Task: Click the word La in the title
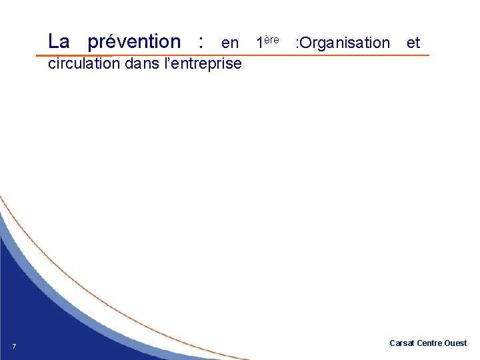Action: click(59, 41)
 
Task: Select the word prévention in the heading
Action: click(134, 42)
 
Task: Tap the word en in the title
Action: click(230, 43)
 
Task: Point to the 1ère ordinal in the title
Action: click(267, 42)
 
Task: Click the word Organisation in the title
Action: click(346, 43)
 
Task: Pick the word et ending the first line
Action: click(413, 43)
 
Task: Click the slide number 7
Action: click(14, 345)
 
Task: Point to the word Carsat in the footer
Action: click(402, 343)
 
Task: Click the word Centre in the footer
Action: click(430, 343)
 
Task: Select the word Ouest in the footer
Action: click(456, 343)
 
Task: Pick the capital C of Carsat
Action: click(392, 343)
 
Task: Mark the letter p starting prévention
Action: click(93, 43)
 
